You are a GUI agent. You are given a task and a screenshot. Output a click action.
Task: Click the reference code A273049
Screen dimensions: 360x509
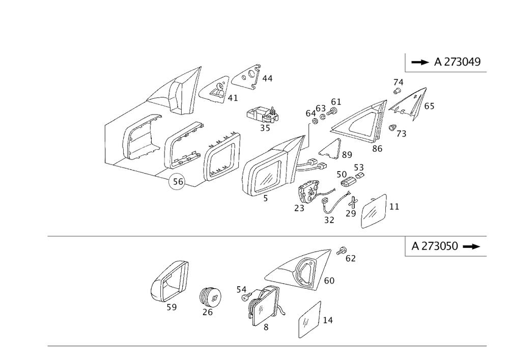coord(457,62)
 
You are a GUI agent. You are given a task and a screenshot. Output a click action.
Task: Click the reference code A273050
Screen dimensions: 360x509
coord(435,246)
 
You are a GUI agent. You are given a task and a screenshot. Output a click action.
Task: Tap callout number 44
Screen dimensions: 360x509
coord(267,78)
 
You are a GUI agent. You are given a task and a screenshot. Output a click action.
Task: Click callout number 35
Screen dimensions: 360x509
coord(265,128)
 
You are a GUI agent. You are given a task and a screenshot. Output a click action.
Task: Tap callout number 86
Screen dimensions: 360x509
coord(377,149)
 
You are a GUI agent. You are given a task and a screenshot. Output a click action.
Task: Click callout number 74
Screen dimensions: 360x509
coord(399,83)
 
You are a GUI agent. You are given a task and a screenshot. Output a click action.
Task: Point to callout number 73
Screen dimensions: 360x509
coord(402,134)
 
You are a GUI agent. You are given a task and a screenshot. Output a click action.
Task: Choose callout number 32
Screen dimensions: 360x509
coord(329,219)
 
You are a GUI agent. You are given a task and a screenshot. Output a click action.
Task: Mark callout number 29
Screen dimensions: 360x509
coord(351,214)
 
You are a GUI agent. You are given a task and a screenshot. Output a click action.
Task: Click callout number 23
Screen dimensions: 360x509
coord(299,208)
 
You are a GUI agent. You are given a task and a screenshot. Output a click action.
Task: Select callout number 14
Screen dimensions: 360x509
coord(328,320)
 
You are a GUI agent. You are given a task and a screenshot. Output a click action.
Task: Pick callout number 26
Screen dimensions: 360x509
coord(207,312)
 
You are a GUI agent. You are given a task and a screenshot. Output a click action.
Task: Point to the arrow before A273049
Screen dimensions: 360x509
coord(420,62)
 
